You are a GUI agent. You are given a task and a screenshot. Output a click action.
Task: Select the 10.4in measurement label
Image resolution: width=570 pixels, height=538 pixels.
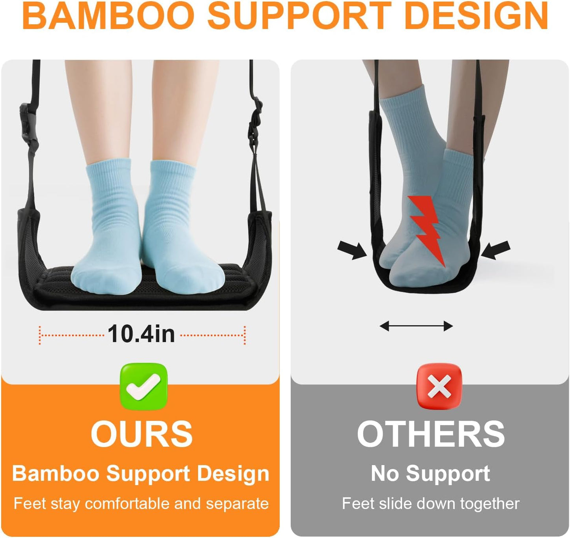pos(141,334)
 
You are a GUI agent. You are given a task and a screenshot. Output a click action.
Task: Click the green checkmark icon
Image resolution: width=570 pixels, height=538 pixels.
pos(144,386)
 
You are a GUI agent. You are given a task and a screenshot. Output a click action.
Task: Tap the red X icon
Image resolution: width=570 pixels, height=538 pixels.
pos(439,386)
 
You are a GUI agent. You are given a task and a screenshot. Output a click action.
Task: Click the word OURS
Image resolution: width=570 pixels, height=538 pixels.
pos(142,434)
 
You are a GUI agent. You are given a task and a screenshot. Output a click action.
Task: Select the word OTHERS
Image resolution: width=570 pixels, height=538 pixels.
pos(431,434)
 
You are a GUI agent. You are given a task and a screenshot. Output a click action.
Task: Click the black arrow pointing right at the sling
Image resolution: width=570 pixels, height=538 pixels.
pos(352,250)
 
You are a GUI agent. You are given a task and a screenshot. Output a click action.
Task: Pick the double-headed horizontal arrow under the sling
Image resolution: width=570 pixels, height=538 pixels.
pos(416,326)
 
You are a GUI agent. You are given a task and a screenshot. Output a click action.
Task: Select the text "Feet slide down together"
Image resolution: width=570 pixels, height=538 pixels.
pos(430,504)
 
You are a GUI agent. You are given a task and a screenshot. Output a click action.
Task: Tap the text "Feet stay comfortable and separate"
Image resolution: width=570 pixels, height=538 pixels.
pos(141,504)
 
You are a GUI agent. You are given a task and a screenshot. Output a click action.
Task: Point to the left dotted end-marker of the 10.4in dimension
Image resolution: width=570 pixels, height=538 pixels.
pos(40,335)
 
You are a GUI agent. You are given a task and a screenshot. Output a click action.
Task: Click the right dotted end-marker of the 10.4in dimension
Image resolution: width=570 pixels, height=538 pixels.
pos(245,335)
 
